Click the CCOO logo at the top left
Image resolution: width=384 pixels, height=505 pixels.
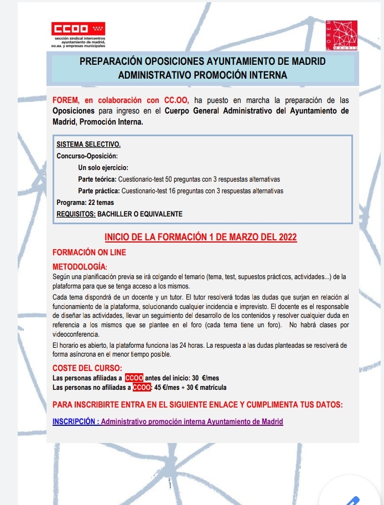pos(78,29)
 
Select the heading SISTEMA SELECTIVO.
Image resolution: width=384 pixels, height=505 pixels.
pos(89,145)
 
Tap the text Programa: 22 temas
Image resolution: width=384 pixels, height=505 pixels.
pos(85,203)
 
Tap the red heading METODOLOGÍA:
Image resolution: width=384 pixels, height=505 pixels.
pos(80,266)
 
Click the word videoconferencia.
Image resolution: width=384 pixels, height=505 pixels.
pos(76,334)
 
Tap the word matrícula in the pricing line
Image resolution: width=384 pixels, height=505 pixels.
pos(210,387)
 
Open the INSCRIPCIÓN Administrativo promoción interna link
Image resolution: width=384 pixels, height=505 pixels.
pos(167,421)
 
